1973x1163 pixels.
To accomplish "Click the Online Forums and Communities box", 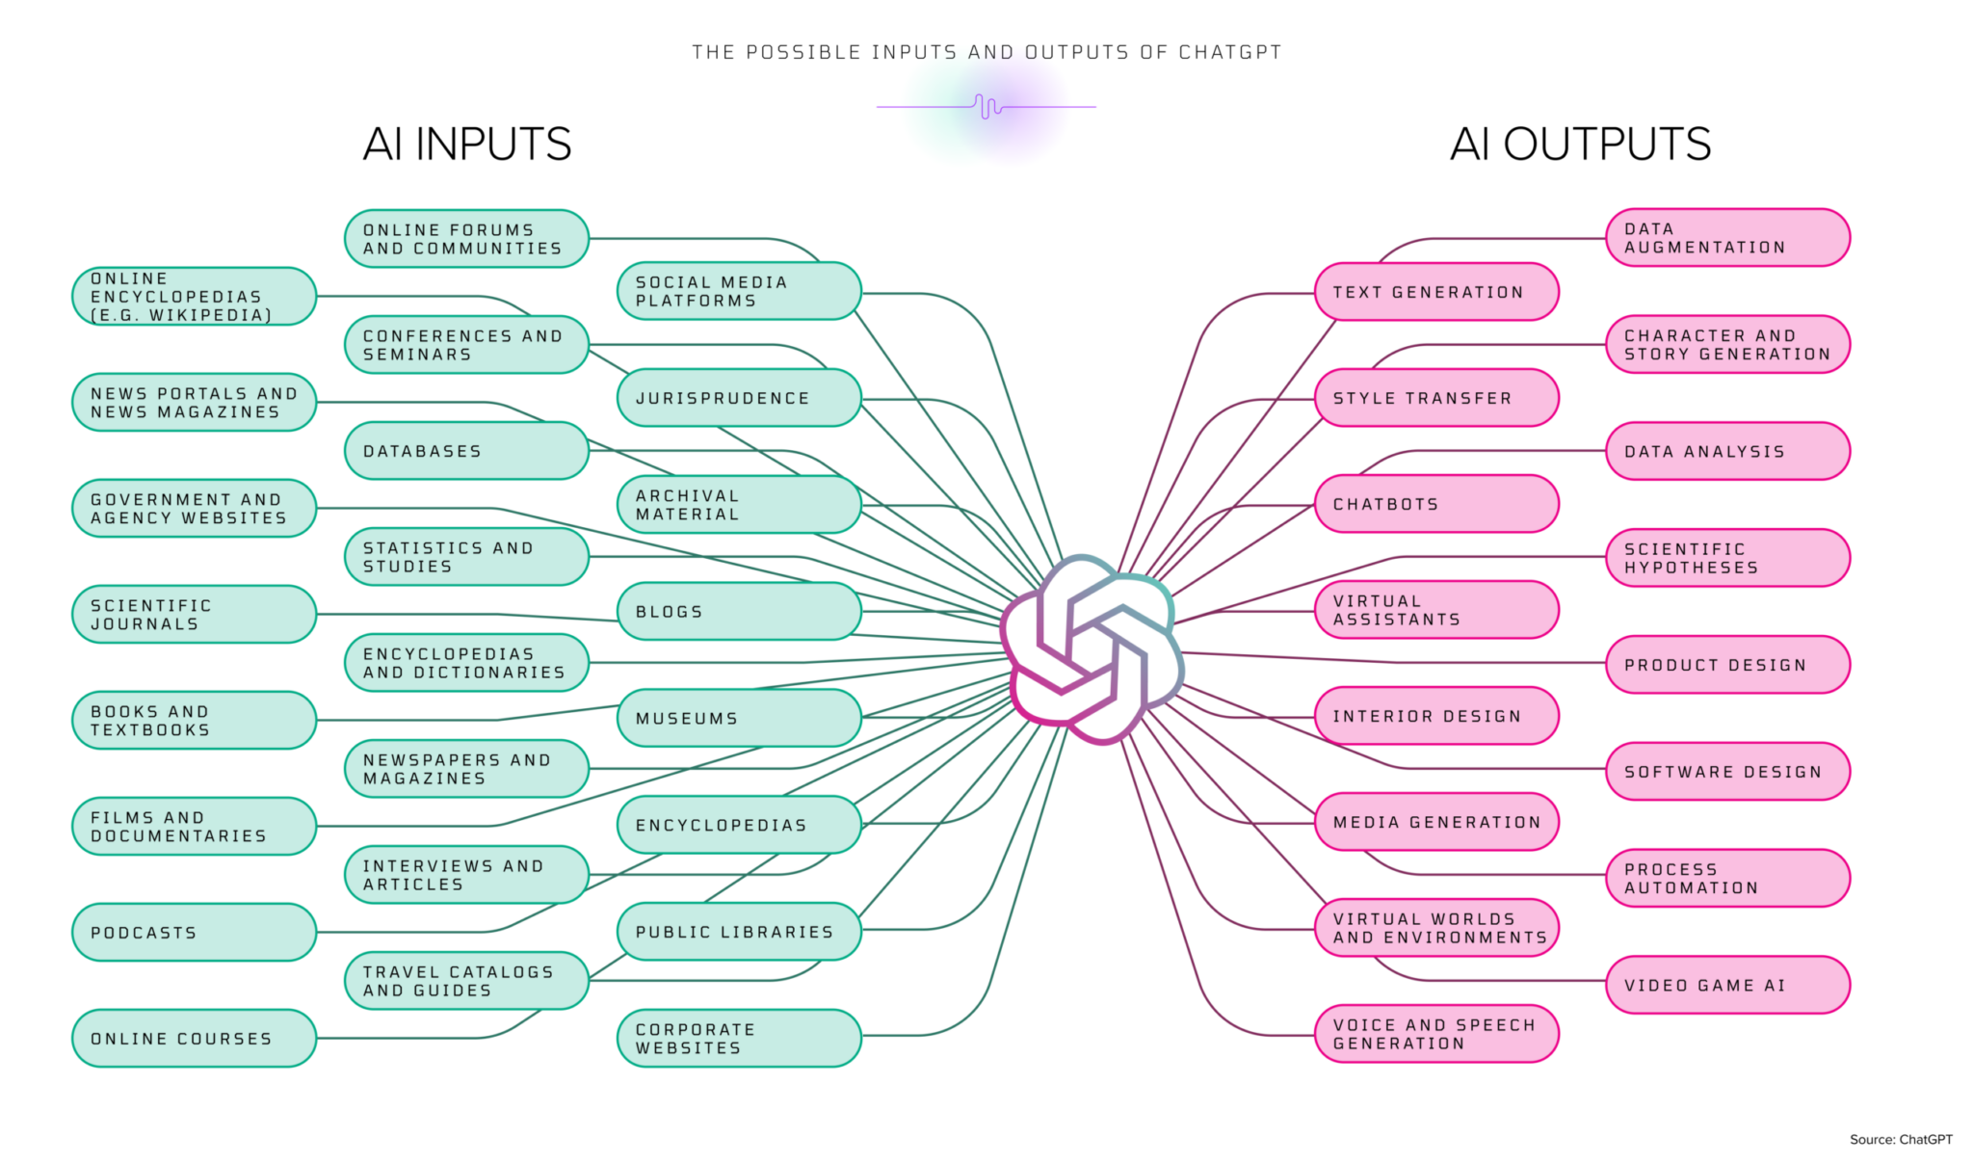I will [466, 239].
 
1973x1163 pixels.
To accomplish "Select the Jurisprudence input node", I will [739, 398].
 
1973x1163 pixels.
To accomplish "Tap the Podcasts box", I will [194, 932].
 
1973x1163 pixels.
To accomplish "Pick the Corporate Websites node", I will [739, 1038].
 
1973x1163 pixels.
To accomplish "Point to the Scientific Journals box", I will [194, 614].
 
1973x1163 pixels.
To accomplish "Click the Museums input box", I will [739, 718].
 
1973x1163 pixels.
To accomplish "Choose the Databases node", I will [466, 451].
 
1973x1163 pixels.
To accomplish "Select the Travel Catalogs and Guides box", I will [466, 981].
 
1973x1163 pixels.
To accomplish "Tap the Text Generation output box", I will [1436, 292].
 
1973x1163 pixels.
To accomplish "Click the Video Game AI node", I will [1727, 985].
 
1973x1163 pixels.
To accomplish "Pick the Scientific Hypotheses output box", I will [1727, 558].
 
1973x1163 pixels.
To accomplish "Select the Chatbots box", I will [1436, 504].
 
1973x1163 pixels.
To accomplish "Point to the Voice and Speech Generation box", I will [1436, 1034].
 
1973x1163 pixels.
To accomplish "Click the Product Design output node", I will [1727, 665].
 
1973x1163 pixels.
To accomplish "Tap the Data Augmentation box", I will [1727, 238].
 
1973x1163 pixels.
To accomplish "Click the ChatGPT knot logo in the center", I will [1092, 649].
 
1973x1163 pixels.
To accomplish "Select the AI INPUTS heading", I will [467, 145].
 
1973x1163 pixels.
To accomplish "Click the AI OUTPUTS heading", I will [1580, 145].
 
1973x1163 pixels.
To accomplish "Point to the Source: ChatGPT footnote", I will [1900, 1139].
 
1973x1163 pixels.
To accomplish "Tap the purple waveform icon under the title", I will [987, 106].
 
